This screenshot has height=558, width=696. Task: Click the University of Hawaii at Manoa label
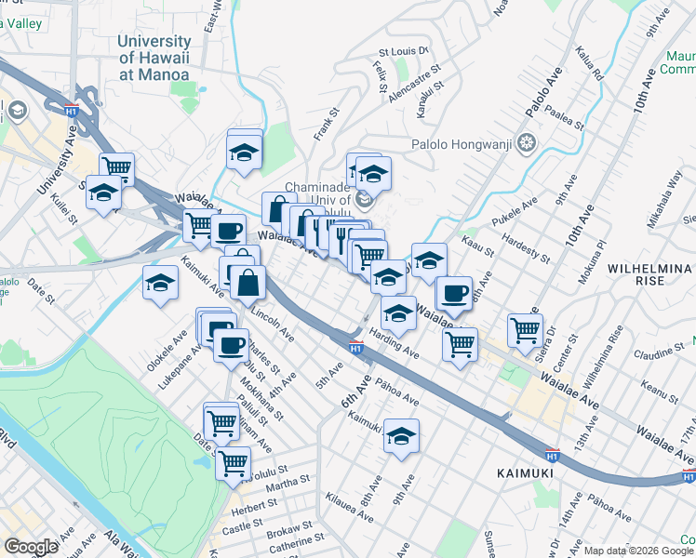click(154, 58)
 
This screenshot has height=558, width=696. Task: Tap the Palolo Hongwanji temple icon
click(527, 144)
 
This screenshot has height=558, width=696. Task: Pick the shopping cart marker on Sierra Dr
click(526, 329)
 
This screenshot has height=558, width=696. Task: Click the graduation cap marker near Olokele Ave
click(160, 283)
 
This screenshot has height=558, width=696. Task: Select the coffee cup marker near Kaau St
click(454, 293)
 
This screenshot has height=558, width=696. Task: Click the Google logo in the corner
click(31, 547)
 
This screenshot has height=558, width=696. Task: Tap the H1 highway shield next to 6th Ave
click(355, 348)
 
